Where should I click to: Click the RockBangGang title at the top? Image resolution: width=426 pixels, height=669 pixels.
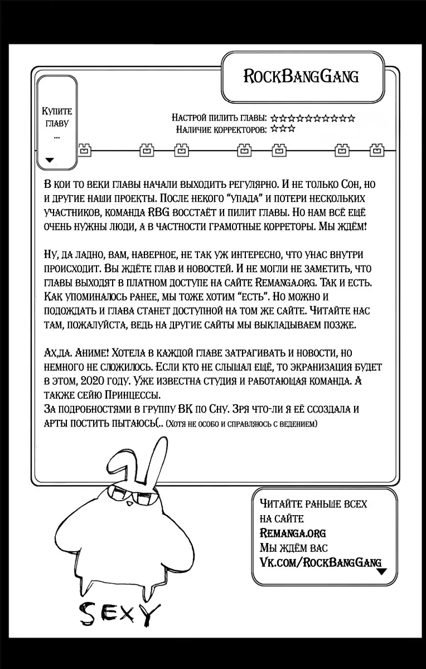pyautogui.click(x=301, y=76)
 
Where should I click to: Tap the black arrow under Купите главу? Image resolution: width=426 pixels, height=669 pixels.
pyautogui.click(x=50, y=160)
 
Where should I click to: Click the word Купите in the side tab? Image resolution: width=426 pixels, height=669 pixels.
pyautogui.click(x=57, y=111)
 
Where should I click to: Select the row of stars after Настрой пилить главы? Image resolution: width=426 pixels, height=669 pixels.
pyautogui.click(x=313, y=118)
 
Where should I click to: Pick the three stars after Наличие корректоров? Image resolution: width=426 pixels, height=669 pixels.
pyautogui.click(x=283, y=129)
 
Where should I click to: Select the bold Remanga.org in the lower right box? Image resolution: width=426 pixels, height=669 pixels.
pyautogui.click(x=293, y=532)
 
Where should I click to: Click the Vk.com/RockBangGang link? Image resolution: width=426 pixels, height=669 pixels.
pyautogui.click(x=320, y=561)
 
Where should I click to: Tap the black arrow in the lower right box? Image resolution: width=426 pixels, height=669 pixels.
pyautogui.click(x=381, y=571)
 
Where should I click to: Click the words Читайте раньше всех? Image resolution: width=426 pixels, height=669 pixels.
pyautogui.click(x=313, y=503)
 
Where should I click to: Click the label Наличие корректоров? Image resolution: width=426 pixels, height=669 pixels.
pyautogui.click(x=221, y=129)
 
